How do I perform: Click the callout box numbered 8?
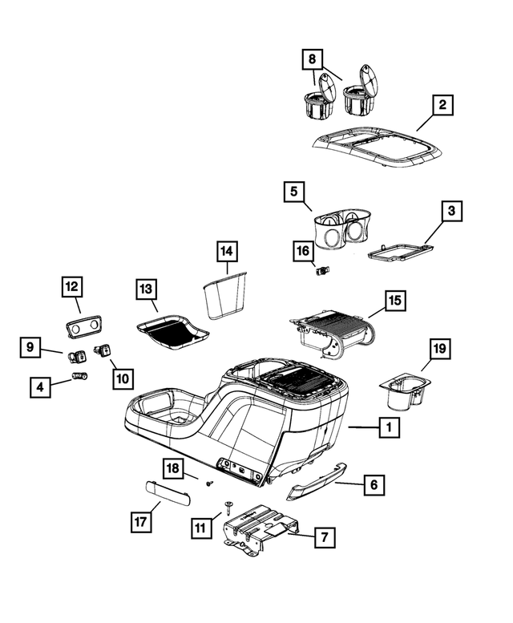(x=312, y=59)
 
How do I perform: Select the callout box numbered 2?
(x=442, y=105)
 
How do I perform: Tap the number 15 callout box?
(x=394, y=301)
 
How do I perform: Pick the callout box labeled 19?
(x=440, y=349)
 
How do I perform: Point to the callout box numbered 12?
(x=72, y=286)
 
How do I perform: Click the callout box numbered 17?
(x=141, y=522)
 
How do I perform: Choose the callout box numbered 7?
(x=325, y=537)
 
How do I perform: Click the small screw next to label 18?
(x=210, y=483)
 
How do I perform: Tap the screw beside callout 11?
(x=229, y=508)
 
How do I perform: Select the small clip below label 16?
(x=323, y=271)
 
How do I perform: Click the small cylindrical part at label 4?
(x=80, y=375)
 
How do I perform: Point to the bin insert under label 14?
(x=224, y=294)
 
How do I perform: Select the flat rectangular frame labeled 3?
(x=401, y=253)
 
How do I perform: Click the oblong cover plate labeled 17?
(x=167, y=492)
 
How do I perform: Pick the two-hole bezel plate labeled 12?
(x=83, y=326)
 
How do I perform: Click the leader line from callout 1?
(x=363, y=427)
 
